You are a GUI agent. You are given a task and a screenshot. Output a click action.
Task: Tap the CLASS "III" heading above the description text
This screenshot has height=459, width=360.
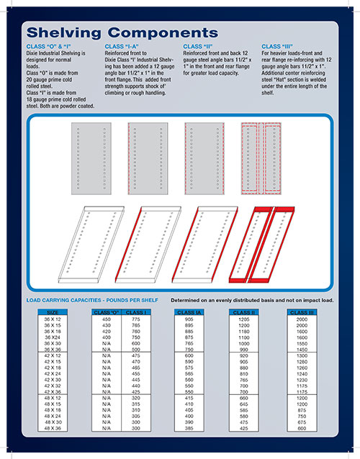coord(279,46)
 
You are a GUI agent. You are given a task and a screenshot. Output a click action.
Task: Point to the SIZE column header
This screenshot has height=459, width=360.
coord(53,313)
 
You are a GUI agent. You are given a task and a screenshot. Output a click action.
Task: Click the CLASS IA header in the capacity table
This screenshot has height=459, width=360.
coord(189,313)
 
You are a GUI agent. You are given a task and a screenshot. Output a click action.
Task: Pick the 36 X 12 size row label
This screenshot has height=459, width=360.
coord(53,319)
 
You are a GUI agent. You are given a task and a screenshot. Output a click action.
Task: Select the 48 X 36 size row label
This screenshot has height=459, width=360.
coord(53,428)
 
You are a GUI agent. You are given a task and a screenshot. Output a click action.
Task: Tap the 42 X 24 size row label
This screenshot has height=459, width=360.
coord(53,373)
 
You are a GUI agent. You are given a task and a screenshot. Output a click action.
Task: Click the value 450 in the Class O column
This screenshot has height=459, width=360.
coord(107,319)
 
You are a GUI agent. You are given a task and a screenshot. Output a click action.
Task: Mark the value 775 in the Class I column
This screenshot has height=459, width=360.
coord(135,319)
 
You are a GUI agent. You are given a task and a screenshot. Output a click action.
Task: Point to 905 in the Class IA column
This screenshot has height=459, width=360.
coord(189,319)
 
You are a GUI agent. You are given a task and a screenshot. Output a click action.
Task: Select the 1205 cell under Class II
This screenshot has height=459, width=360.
coord(243,319)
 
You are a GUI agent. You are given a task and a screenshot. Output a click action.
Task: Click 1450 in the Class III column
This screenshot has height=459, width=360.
coord(302,349)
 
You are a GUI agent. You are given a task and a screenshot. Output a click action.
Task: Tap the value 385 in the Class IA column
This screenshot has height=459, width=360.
coord(189,428)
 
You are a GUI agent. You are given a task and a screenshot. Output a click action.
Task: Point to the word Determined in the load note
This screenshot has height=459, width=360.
coord(189,299)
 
